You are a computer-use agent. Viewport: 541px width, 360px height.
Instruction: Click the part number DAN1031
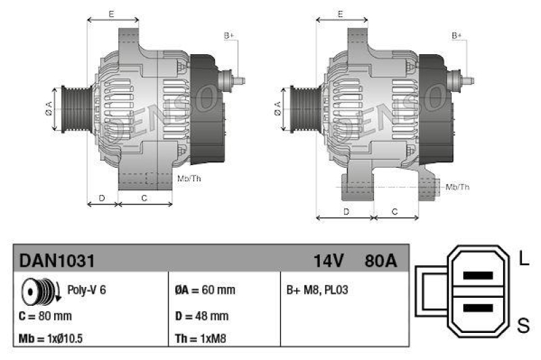pos(56,261)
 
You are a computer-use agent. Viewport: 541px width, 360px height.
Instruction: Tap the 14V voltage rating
pos(329,261)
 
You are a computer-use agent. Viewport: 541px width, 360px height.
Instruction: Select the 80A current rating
pos(380,261)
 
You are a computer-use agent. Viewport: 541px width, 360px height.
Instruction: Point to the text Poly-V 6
pos(87,290)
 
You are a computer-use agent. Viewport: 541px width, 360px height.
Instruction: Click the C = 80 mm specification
pos(45,315)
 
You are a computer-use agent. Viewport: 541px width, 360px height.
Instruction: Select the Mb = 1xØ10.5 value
pos(52,338)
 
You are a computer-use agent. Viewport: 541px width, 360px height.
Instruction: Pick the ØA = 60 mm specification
pos(204,290)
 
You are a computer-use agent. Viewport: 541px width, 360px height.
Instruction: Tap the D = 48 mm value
pos(201,315)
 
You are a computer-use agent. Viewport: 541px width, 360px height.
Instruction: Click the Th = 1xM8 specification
pos(201,338)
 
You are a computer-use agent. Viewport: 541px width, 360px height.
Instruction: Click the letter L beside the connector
pos(523,258)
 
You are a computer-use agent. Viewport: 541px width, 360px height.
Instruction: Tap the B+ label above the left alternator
pos(229,35)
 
